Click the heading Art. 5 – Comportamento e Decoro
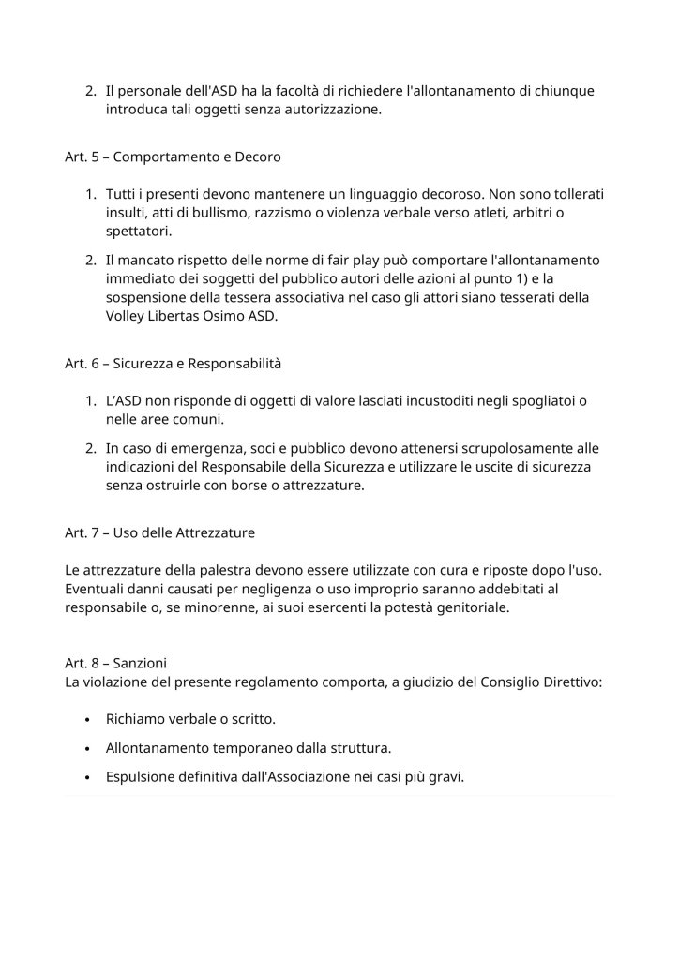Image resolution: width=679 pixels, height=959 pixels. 173,157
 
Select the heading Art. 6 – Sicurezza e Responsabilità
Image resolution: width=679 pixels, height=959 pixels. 174,363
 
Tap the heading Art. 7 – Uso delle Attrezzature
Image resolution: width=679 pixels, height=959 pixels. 159,533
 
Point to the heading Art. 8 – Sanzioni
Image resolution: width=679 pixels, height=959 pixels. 116,663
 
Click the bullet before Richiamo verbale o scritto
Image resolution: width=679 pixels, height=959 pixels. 87,720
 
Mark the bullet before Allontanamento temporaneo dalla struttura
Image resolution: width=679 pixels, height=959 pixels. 87,748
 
